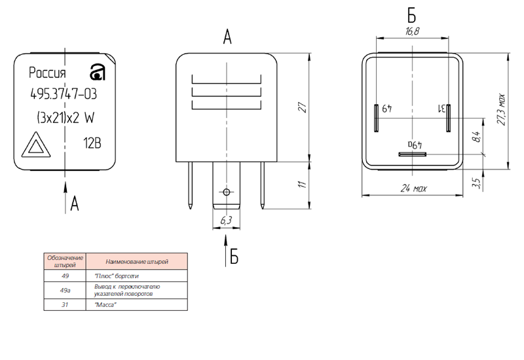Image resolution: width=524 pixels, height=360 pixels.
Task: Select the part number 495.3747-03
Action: [x=63, y=94]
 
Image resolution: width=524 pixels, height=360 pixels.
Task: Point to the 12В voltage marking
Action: [x=92, y=142]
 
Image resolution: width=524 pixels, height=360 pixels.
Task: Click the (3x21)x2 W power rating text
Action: [x=65, y=118]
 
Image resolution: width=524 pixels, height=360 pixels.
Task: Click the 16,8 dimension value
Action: [x=412, y=31]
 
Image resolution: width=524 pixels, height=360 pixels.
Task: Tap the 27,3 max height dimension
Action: [x=501, y=109]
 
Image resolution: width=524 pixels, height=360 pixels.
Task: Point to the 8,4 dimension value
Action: [x=476, y=137]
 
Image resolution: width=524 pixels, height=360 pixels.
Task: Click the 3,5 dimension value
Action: [x=476, y=184]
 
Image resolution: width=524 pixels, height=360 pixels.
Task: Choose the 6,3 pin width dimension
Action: [x=227, y=221]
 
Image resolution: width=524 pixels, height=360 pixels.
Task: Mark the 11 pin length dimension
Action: [x=302, y=185]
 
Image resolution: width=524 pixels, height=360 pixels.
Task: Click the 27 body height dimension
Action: [x=302, y=108]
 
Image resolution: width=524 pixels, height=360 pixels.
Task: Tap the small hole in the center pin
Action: [x=227, y=192]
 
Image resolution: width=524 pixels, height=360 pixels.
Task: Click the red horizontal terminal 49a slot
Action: [x=413, y=154]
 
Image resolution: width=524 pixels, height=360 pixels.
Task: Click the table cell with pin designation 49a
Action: [x=64, y=290]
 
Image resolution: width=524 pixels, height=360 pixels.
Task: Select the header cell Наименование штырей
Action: [x=136, y=261]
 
